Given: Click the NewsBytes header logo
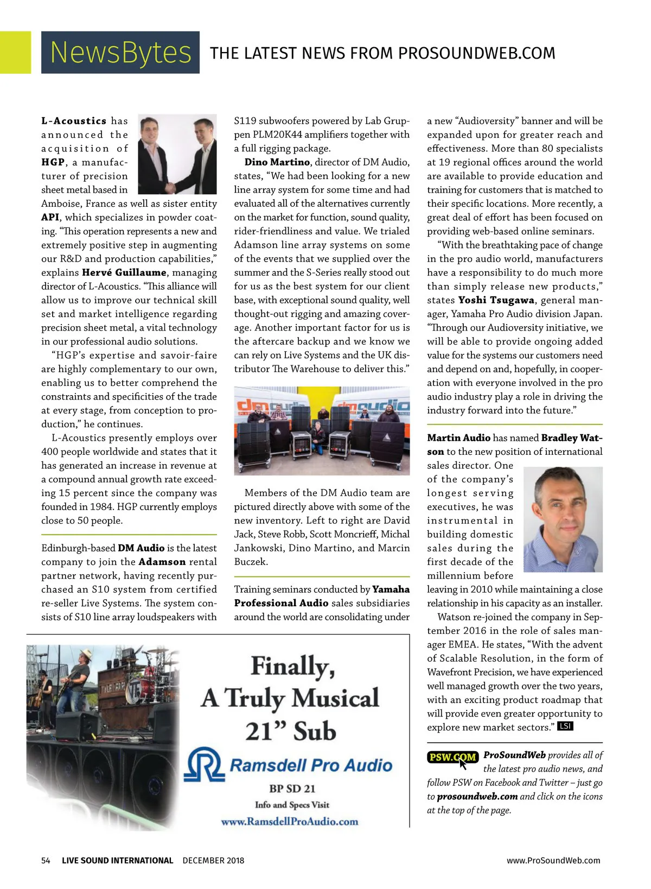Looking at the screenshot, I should coord(120,53).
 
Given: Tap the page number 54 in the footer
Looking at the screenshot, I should coord(46,860).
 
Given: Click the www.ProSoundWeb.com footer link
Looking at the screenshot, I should coord(553,860).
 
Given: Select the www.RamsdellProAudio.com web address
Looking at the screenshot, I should coord(290,821).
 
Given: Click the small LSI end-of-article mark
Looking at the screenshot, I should coord(565,726).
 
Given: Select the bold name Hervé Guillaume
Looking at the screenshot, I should coord(124,272).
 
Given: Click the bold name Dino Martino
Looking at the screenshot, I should coord(277,162).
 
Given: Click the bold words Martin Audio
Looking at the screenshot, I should coord(458,437).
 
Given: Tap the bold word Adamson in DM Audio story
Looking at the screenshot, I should coord(162,562).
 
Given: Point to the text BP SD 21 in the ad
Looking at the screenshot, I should coord(292,788).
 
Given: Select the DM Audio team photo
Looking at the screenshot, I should coord(322,431).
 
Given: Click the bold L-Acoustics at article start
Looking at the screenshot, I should coord(74,120).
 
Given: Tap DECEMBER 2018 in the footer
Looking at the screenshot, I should coord(213,860).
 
